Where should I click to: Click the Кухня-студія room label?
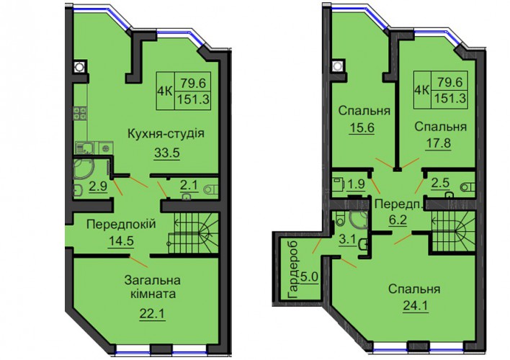click(166, 133)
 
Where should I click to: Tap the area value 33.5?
click(167, 153)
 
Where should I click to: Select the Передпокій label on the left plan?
click(121, 224)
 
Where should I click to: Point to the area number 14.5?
click(121, 241)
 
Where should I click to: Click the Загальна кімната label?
click(153, 287)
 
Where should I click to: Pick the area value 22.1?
click(152, 314)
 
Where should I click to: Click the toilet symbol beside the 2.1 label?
click(212, 189)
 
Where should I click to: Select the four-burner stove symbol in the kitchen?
click(80, 113)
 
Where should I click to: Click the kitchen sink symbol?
click(85, 148)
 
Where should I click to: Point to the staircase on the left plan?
click(192, 233)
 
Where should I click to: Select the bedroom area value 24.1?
click(416, 305)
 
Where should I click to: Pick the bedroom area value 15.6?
click(362, 127)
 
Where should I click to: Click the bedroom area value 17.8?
click(438, 143)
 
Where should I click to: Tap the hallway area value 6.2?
click(398, 220)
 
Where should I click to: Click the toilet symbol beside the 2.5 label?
click(467, 186)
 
